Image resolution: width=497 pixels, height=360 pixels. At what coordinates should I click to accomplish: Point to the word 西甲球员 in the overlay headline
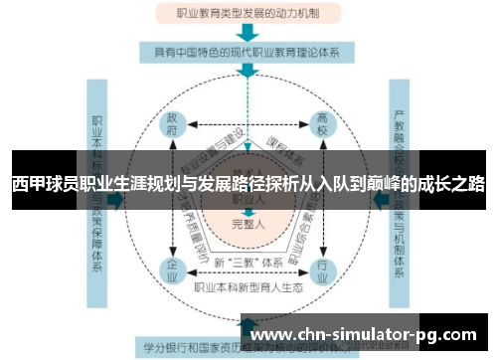pyautogui.click(x=41, y=184)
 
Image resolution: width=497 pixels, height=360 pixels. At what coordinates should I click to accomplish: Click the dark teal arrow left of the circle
pyautogui.click(x=119, y=200)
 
